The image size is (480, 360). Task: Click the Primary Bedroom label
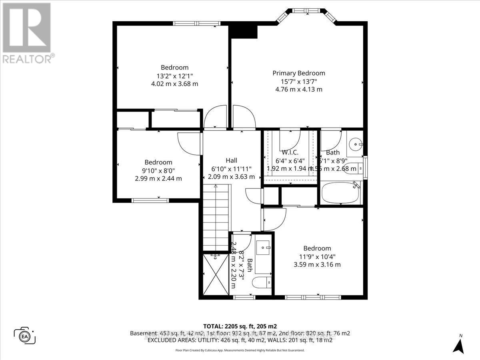point(298,73)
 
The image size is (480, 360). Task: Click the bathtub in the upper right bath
point(341,193)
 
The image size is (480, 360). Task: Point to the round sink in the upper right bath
point(355,144)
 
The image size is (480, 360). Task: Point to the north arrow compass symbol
point(460,345)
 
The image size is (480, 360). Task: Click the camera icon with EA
point(25,335)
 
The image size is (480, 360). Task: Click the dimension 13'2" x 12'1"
point(174,76)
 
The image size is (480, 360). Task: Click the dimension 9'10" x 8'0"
point(158,170)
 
